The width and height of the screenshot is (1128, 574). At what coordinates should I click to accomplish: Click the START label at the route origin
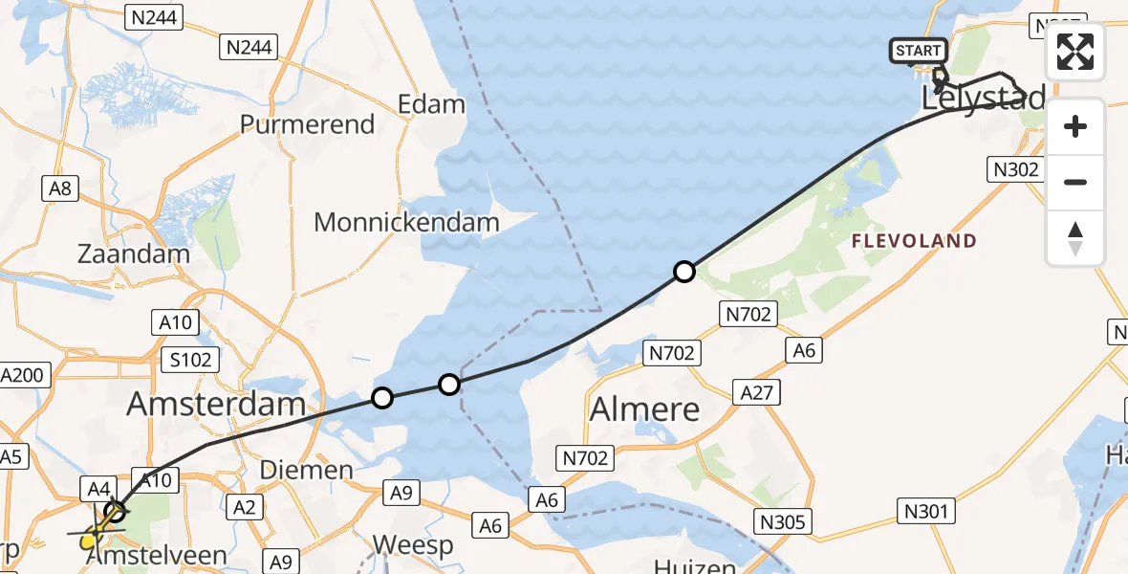tap(919, 51)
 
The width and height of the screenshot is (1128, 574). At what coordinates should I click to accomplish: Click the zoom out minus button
tap(1075, 182)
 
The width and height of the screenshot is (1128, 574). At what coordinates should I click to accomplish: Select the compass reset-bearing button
tap(1075, 238)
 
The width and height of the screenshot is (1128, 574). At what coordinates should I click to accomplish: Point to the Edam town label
tap(432, 104)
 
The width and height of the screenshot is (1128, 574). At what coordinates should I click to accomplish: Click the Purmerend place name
tap(307, 124)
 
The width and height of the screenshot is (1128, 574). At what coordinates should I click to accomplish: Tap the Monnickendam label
tap(406, 224)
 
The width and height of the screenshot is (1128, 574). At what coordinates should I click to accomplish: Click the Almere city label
tap(644, 409)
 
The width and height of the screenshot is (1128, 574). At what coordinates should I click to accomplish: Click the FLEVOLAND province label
tap(915, 241)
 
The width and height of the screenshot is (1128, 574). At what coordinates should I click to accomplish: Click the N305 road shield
tap(783, 521)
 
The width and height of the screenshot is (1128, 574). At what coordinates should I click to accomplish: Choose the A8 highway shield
tap(60, 189)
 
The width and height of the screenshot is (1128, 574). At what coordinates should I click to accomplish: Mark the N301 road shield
tap(926, 511)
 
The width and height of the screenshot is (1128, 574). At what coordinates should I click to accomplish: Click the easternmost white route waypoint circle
tap(683, 272)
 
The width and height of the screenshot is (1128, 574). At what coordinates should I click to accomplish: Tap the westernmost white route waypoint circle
tap(381, 397)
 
